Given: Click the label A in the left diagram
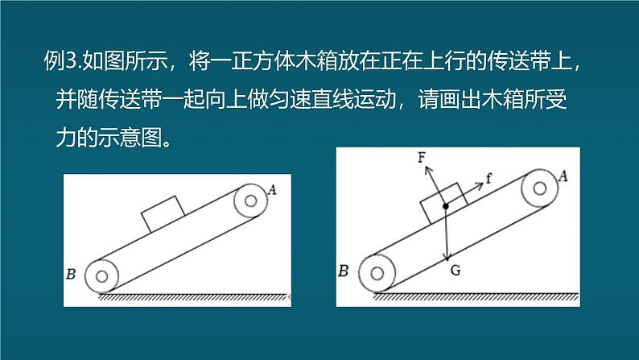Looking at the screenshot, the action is tap(272, 189).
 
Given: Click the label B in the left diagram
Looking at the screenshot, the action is tap(71, 274).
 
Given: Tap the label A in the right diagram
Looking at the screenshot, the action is tap(563, 176).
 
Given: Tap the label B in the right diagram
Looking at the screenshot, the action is tap(344, 271).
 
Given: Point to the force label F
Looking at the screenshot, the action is tap(422, 157).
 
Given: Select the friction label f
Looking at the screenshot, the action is tap(489, 178).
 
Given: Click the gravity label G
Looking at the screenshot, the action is tap(456, 270).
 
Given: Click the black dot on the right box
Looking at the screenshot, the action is tap(446, 207).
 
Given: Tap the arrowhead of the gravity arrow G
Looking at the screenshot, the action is tap(447, 258).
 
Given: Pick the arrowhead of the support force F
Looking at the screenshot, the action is tap(427, 170).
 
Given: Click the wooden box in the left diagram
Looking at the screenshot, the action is tap(163, 213).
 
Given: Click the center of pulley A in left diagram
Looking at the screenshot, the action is tap(250, 201).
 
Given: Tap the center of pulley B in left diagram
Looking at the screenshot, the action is tap(102, 276).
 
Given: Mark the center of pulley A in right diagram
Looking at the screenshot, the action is tap(540, 188).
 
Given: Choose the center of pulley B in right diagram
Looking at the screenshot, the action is tap(377, 274).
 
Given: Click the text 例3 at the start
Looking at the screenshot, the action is tap(60, 60).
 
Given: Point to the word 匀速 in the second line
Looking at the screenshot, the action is tap(290, 99).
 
